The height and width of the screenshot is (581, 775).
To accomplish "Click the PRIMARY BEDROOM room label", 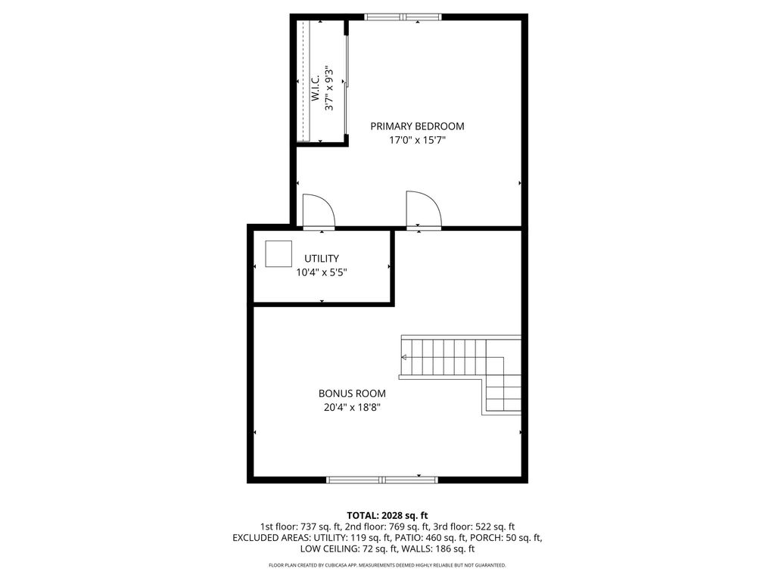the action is [x=417, y=126].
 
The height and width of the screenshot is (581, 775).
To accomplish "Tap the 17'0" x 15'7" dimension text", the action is [x=417, y=140].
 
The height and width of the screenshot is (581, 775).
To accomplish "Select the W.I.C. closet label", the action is [x=316, y=89].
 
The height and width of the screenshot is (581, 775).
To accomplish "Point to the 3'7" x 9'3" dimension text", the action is [x=329, y=89].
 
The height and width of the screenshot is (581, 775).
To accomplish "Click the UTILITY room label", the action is [x=321, y=259].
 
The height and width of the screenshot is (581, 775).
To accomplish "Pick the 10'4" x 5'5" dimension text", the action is [x=321, y=272].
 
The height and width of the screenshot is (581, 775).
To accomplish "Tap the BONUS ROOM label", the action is [x=352, y=393].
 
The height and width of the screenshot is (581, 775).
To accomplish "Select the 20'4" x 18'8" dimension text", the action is [x=352, y=408].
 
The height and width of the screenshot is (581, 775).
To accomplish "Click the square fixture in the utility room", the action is [x=279, y=254].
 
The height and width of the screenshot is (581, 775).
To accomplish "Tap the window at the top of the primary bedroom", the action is [x=403, y=17].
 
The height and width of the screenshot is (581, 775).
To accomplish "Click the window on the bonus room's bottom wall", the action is [x=382, y=480].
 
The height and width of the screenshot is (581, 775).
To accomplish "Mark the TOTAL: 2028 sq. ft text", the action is [x=387, y=516].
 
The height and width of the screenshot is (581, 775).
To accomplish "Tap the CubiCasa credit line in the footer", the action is [x=387, y=565].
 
